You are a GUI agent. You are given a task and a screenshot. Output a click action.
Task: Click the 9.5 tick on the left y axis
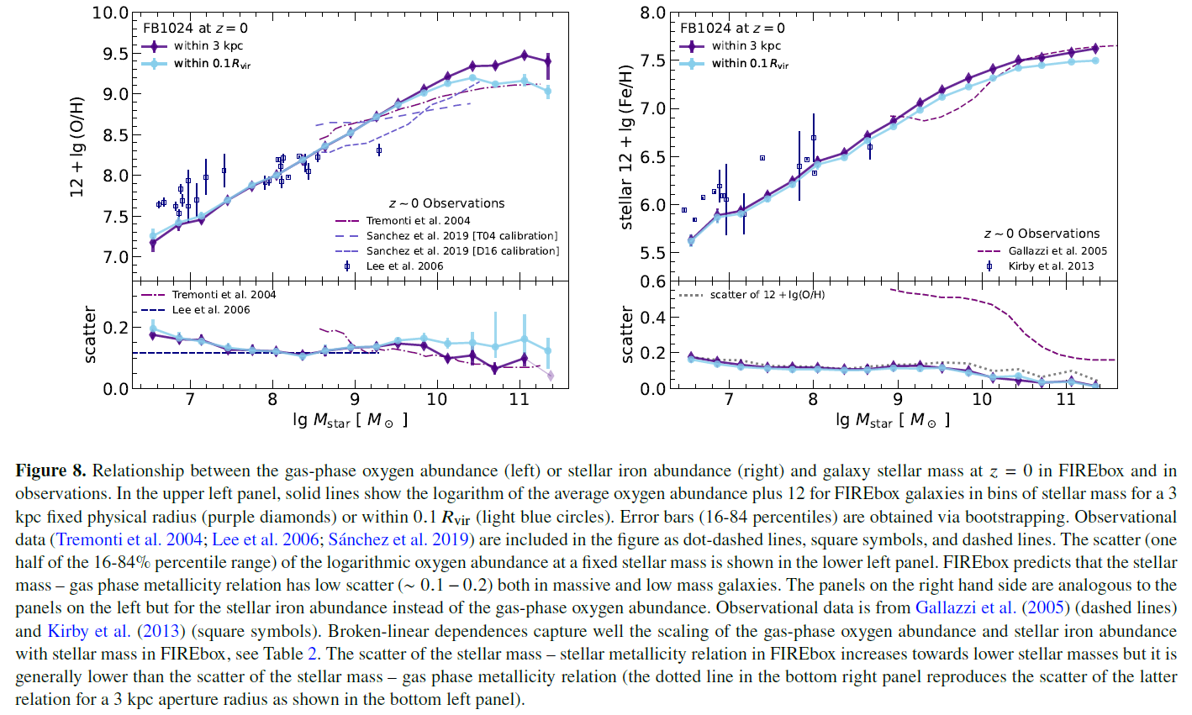113,54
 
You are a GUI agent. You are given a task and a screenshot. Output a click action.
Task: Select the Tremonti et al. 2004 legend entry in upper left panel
418,221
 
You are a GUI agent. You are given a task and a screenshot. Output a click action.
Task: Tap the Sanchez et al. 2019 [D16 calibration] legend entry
462,251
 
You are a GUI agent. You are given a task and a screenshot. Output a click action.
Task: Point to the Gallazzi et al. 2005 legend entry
1057,251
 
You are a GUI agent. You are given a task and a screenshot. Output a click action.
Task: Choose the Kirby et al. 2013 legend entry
1051,266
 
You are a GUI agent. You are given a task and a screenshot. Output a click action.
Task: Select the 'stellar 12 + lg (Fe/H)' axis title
626,146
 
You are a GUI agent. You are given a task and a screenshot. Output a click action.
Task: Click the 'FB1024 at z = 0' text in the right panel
732,29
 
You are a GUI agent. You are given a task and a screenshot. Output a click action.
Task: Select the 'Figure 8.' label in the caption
51,471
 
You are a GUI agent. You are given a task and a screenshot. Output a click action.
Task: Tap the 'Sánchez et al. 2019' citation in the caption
399,539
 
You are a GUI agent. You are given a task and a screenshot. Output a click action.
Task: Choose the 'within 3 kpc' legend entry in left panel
208,46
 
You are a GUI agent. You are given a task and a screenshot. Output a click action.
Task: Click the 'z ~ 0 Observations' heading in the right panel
1042,234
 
